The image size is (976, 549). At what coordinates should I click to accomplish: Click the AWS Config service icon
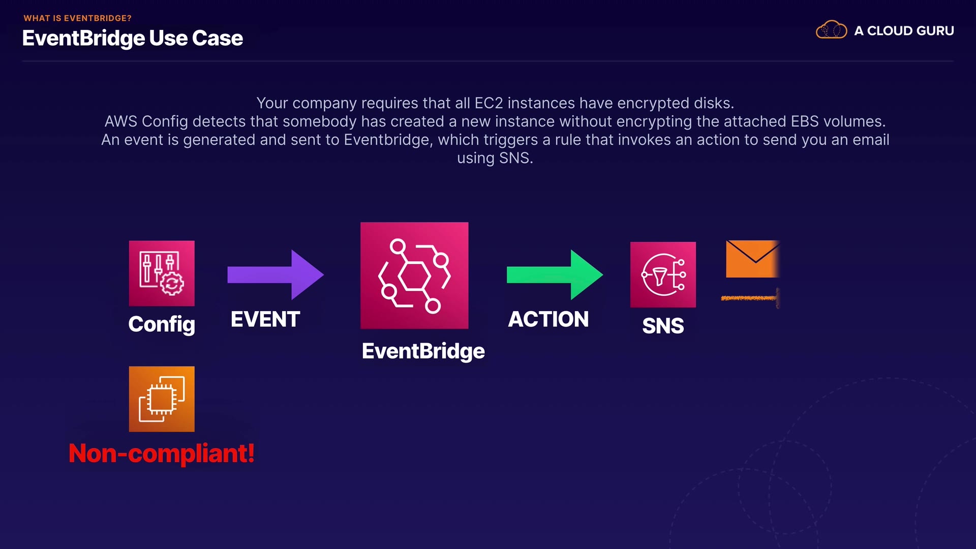pyautogui.click(x=162, y=273)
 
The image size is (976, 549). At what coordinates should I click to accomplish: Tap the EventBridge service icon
pyautogui.click(x=414, y=276)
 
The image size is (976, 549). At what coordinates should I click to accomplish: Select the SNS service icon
pyautogui.click(x=663, y=274)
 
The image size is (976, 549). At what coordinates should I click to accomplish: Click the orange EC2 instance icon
pyautogui.click(x=162, y=399)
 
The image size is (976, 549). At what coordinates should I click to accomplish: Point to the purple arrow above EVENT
pyautogui.click(x=275, y=274)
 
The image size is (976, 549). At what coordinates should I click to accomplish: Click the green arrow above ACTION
pyautogui.click(x=555, y=274)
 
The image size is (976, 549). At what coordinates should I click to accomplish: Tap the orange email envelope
pyautogui.click(x=752, y=259)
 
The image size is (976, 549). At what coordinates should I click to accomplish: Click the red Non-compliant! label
pyautogui.click(x=162, y=453)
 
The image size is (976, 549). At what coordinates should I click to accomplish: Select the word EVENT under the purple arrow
pyautogui.click(x=265, y=320)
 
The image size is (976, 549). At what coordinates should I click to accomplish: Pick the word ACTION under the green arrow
pyautogui.click(x=548, y=320)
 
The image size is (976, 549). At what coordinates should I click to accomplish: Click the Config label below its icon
pyautogui.click(x=162, y=324)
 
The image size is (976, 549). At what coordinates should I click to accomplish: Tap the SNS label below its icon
pyautogui.click(x=663, y=326)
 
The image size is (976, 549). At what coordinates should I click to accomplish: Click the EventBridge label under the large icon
pyautogui.click(x=423, y=351)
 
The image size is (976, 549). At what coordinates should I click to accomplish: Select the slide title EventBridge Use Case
pyautogui.click(x=133, y=38)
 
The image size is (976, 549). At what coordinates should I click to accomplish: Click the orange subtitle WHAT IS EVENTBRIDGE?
pyautogui.click(x=78, y=18)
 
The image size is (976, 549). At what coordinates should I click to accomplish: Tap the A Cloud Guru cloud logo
pyautogui.click(x=831, y=30)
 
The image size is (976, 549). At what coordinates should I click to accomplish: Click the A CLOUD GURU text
pyautogui.click(x=904, y=31)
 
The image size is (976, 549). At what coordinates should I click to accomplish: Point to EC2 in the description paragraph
pyautogui.click(x=489, y=103)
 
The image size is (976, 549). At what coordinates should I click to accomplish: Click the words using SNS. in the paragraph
pyautogui.click(x=495, y=158)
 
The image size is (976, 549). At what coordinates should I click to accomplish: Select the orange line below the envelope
pyautogui.click(x=749, y=298)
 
